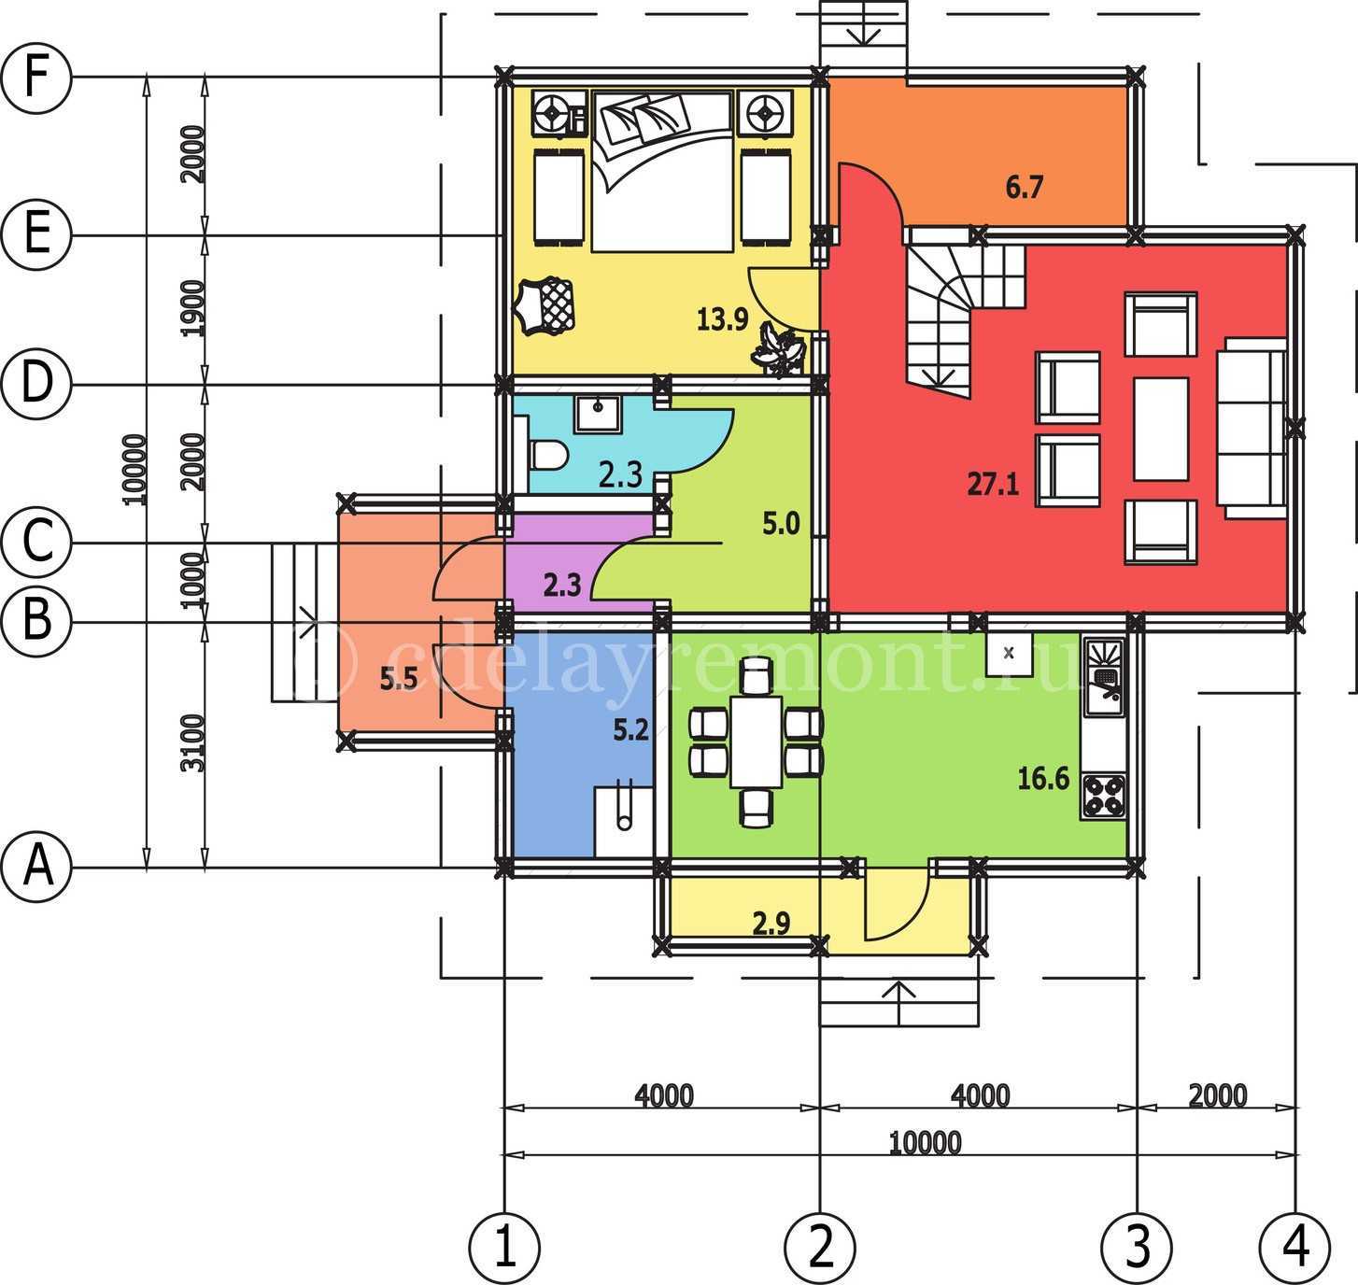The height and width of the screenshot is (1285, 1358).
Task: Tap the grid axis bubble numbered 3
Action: (x=1137, y=1246)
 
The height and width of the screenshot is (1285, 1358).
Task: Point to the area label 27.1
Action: (x=993, y=485)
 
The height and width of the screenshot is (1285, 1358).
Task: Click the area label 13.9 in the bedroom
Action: (x=722, y=320)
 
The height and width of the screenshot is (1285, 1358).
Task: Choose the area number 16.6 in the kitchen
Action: (x=1043, y=778)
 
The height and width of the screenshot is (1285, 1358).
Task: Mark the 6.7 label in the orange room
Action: (x=1024, y=188)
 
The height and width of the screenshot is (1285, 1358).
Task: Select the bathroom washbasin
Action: (x=595, y=412)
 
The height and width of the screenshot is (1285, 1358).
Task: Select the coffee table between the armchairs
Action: (x=1161, y=429)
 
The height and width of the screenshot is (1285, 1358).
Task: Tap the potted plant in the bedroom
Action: (x=780, y=349)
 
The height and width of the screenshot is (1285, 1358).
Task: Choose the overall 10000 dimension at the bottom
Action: (x=925, y=1142)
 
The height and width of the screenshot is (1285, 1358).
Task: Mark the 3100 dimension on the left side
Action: (x=192, y=742)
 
